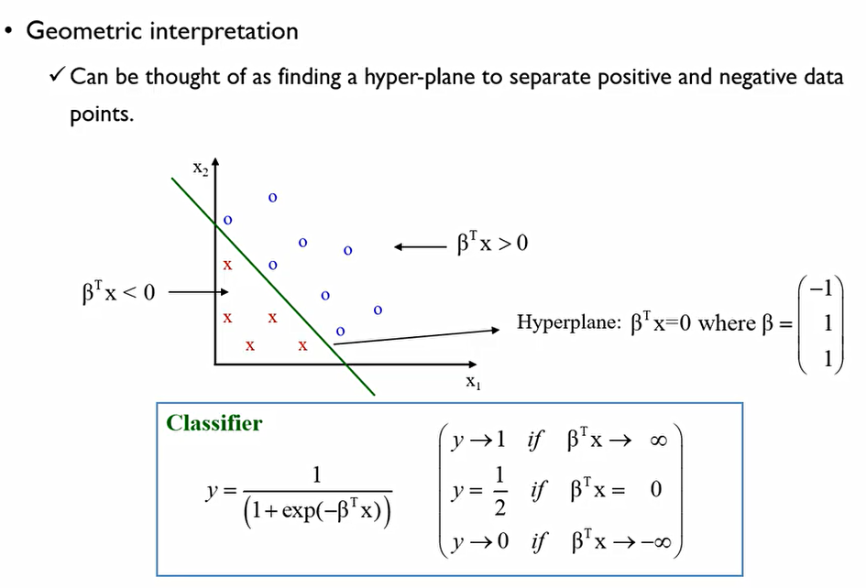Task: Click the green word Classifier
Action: pos(214,423)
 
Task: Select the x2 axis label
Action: pos(198,168)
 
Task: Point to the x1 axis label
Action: pos(473,383)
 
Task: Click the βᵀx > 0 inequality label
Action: pos(492,245)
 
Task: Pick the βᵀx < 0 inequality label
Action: pos(119,293)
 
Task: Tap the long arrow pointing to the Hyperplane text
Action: pos(417,335)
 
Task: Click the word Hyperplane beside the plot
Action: pos(566,323)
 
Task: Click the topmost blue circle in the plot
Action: pos(272,197)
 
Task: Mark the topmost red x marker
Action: pos(228,265)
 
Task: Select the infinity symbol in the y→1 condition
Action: pos(658,441)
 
